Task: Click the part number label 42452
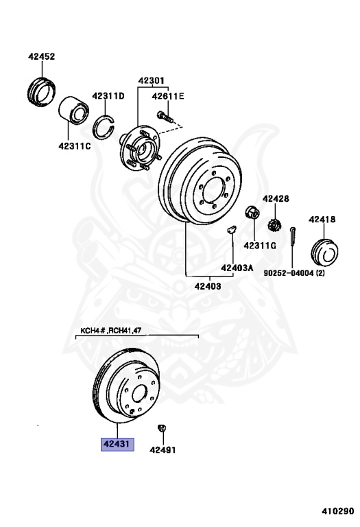pyautogui.click(x=41, y=56)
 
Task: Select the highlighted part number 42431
pyautogui.click(x=117, y=444)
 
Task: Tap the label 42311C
pyautogui.click(x=75, y=146)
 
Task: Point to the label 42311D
pyautogui.click(x=108, y=96)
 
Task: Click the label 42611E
pyautogui.click(x=168, y=97)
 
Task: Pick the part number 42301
pyautogui.click(x=152, y=81)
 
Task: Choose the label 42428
pyautogui.click(x=276, y=198)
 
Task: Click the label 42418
pyautogui.click(x=322, y=220)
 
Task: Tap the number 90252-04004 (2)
pyautogui.click(x=294, y=273)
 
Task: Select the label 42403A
pyautogui.click(x=237, y=268)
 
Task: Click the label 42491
pyautogui.click(x=163, y=449)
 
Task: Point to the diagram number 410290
pyautogui.click(x=338, y=511)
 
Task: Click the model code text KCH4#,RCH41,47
pyautogui.click(x=111, y=331)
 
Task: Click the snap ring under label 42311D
pyautogui.click(x=104, y=128)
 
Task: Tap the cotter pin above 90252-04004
pyautogui.click(x=293, y=235)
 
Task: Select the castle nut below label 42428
pyautogui.click(x=274, y=225)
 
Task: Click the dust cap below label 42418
pyautogui.click(x=324, y=253)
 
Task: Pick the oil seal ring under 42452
pyautogui.click(x=41, y=92)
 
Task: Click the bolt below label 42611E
pyautogui.click(x=165, y=117)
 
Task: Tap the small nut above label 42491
pyautogui.click(x=162, y=428)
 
